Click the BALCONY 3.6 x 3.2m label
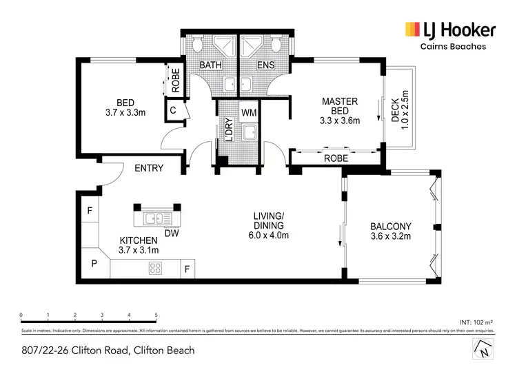pos(390,231)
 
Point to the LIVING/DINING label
pos(269,226)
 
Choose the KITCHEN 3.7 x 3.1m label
pos(139,244)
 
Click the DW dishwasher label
pos(172,233)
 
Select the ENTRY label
pos(149,168)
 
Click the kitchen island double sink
pos(157,219)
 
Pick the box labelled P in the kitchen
pos(94,263)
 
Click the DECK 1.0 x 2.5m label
pos(401,108)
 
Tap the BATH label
pos(210,65)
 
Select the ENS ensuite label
pos(265,65)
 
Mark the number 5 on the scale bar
pos(156,315)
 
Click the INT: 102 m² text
pos(475,322)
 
